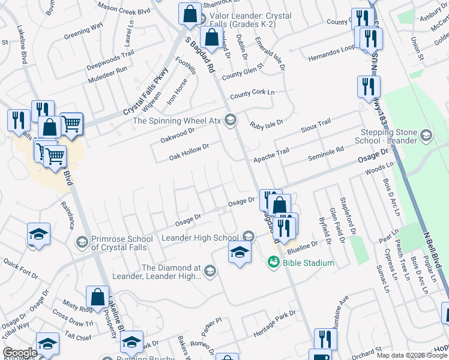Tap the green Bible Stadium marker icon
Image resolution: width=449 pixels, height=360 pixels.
coord(273,262)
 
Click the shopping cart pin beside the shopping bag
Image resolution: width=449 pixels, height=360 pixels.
coord(71,124)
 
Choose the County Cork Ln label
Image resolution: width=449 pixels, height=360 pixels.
coord(252,94)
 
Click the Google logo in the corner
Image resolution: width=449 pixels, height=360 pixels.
coord(20,353)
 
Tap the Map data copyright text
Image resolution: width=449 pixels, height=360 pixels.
coord(412,355)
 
